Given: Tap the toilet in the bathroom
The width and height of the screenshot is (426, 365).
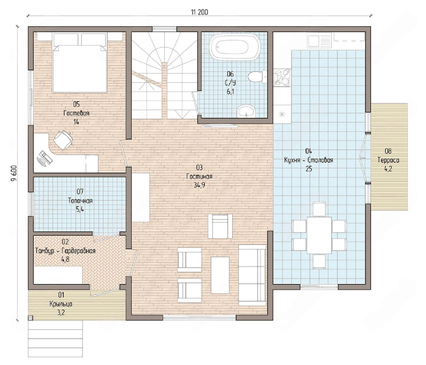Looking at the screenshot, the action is (x=257, y=77).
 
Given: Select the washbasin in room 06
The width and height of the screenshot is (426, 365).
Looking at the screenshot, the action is (x=246, y=111).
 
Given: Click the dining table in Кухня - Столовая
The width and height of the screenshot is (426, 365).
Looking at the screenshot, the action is (x=319, y=235).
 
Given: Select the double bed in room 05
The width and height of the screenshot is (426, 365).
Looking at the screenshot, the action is (x=80, y=63).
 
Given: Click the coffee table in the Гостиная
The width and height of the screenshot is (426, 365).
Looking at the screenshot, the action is (x=220, y=275).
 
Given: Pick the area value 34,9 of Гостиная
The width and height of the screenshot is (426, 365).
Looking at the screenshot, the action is (x=199, y=185).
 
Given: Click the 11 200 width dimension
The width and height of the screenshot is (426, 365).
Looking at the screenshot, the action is (x=199, y=13).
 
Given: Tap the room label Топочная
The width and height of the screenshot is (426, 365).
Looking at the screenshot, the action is (x=80, y=201).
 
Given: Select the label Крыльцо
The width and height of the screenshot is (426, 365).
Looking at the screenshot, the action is (x=61, y=304).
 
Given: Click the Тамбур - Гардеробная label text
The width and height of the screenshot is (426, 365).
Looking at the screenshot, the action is (x=65, y=251).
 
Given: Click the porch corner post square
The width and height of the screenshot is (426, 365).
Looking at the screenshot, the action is (x=30, y=318).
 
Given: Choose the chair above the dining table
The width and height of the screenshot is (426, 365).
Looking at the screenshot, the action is (x=319, y=209).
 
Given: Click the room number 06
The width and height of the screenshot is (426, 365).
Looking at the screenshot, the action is (x=230, y=74).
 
